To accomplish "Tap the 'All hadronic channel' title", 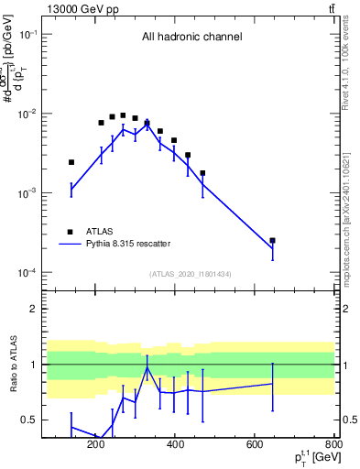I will (191, 38).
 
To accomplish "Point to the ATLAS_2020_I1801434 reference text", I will (191, 274).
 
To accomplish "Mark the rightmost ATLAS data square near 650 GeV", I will (272, 240).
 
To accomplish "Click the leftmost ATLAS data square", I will (71, 162).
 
